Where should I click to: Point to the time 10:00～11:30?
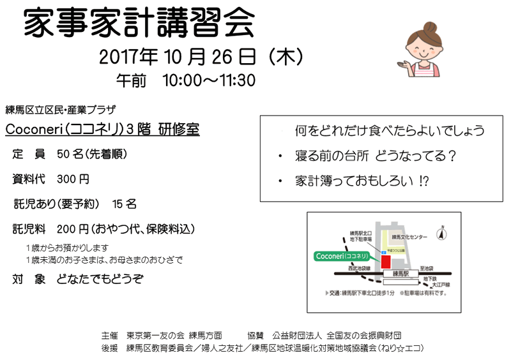pyautogui.click(x=209, y=81)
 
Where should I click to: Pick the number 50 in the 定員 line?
pyautogui.click(x=63, y=154)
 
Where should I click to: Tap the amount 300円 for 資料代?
pyautogui.click(x=73, y=179)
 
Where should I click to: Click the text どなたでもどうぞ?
pyautogui.click(x=100, y=279)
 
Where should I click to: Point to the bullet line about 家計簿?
pyautogui.click(x=362, y=181)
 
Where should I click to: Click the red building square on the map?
pyautogui.click(x=386, y=262)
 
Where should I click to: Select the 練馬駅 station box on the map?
pyautogui.click(x=402, y=273)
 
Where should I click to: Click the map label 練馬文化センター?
pyautogui.click(x=410, y=237)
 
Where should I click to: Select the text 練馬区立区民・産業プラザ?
pyautogui.click(x=60, y=109)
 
